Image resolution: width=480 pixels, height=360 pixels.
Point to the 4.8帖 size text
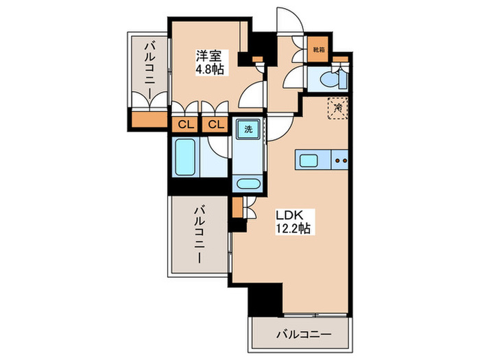coord(208,69)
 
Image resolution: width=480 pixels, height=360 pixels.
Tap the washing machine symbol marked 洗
coord(245,128)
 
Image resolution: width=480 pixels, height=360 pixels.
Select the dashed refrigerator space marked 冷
coord(337,107)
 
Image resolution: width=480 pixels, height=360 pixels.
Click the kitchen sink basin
coord(308,161)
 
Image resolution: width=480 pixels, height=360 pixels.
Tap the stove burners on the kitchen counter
coord(341,161)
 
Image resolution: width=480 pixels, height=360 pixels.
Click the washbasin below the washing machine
coord(246,184)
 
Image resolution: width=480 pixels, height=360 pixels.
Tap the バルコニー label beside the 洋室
coord(149,71)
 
